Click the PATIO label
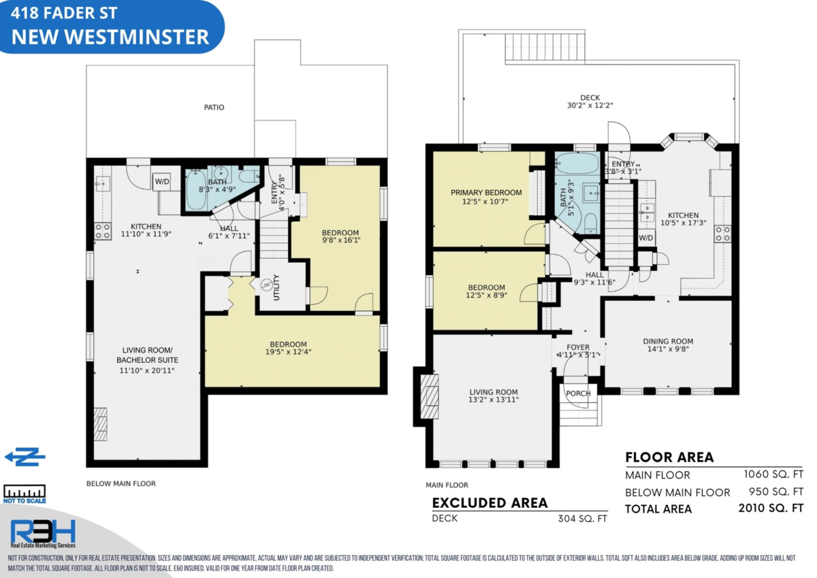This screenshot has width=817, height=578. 214,108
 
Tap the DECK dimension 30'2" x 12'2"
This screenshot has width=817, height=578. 590,106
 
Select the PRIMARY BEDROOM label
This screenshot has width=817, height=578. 486,193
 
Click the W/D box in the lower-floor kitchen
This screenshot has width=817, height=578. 162,182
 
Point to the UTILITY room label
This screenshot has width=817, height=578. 276,287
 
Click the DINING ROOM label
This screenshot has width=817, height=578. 668,341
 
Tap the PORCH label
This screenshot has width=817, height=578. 578,394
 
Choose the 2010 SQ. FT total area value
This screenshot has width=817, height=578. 771,508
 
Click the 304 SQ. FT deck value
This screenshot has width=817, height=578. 583,519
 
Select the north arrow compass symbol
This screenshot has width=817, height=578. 25,457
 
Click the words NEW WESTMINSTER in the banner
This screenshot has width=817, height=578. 110,37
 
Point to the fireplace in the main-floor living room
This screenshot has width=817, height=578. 430,396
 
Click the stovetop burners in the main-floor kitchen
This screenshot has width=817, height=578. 722,234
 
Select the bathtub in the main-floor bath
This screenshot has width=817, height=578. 577,163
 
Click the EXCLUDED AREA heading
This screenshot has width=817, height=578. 490,503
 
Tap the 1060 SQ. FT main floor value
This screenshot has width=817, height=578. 773,475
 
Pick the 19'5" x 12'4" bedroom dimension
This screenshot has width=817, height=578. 288,352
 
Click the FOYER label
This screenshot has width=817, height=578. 578,347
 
